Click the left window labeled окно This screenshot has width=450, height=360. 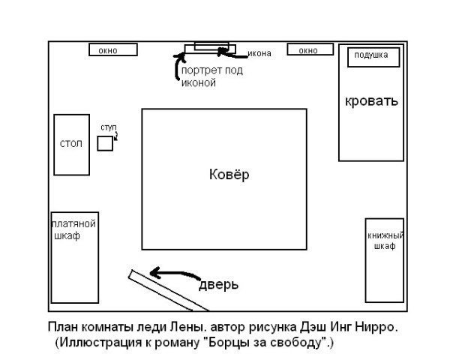(113, 50)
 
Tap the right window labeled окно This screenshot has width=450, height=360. (308, 50)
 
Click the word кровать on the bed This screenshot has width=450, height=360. (371, 100)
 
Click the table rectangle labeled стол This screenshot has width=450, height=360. (71, 144)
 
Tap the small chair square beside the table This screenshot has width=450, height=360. (105, 142)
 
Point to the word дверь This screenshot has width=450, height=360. (218, 285)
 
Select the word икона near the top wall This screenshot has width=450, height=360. (259, 53)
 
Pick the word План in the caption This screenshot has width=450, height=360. (62, 328)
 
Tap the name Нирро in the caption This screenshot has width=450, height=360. (382, 328)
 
